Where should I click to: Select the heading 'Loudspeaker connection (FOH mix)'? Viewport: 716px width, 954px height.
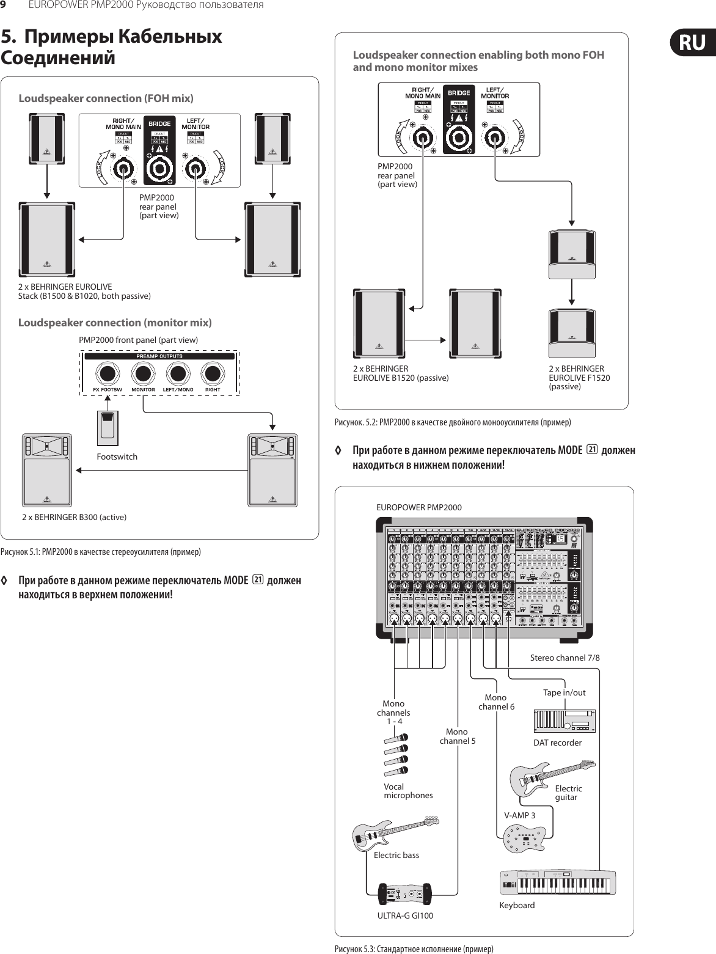tap(106, 98)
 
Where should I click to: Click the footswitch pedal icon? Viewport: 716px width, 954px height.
tap(108, 428)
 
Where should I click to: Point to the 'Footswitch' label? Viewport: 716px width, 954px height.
tap(117, 457)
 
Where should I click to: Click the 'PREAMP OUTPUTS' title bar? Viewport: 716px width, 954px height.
tap(159, 356)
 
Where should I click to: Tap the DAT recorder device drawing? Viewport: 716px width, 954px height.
tap(564, 721)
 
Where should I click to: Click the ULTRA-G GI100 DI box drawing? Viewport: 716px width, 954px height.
tap(406, 895)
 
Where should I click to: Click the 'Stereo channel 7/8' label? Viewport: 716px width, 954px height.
tap(564, 658)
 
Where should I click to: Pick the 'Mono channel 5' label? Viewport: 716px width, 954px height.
tap(457, 736)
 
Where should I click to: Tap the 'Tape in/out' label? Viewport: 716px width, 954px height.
tap(564, 692)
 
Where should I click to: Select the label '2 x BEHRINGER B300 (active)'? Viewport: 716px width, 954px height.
tap(74, 517)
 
